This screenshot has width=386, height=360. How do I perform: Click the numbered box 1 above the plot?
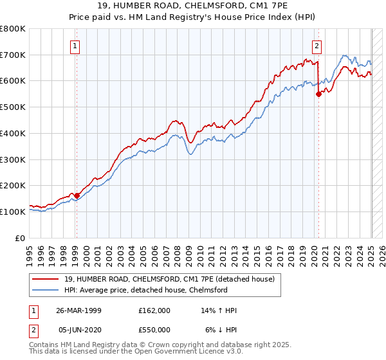coord(76,45)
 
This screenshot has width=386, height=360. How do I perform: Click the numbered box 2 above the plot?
coord(318,45)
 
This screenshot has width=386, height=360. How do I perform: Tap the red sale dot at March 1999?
coord(77,195)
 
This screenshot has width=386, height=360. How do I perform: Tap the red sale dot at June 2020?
coord(318,93)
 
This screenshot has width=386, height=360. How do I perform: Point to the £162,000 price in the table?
coord(154,310)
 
